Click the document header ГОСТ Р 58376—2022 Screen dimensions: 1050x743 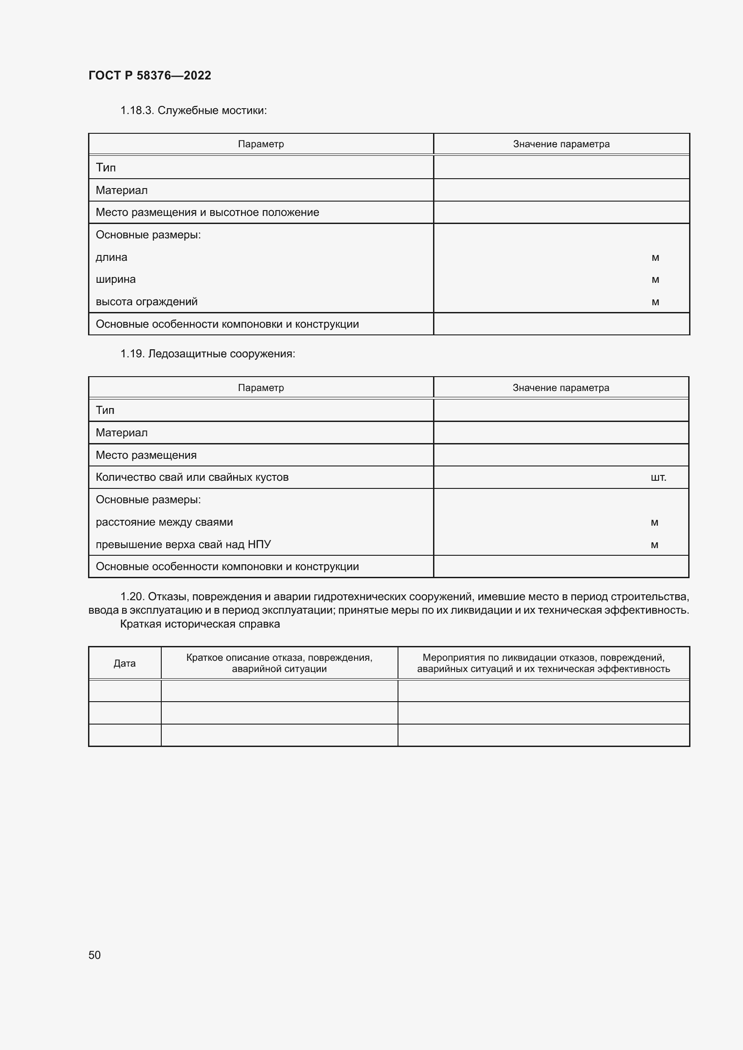(150, 75)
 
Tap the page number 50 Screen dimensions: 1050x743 (94, 955)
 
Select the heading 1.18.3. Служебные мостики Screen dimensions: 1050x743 (193, 110)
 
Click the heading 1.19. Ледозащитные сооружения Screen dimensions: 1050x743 (207, 353)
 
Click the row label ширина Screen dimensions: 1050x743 (115, 279)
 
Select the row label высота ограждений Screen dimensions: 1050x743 (146, 301)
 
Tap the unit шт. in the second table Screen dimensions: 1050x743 (658, 478)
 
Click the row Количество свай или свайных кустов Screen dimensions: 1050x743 (192, 477)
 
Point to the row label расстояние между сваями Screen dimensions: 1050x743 (164, 522)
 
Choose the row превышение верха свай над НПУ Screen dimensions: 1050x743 (183, 544)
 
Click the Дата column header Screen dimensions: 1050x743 (124, 663)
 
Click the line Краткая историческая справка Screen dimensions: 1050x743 (199, 624)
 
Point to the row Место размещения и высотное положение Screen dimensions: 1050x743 (207, 212)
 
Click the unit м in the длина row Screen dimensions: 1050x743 (655, 258)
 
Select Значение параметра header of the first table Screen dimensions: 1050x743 (561, 144)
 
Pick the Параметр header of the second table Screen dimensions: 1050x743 (261, 388)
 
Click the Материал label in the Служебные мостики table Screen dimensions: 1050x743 (121, 190)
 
